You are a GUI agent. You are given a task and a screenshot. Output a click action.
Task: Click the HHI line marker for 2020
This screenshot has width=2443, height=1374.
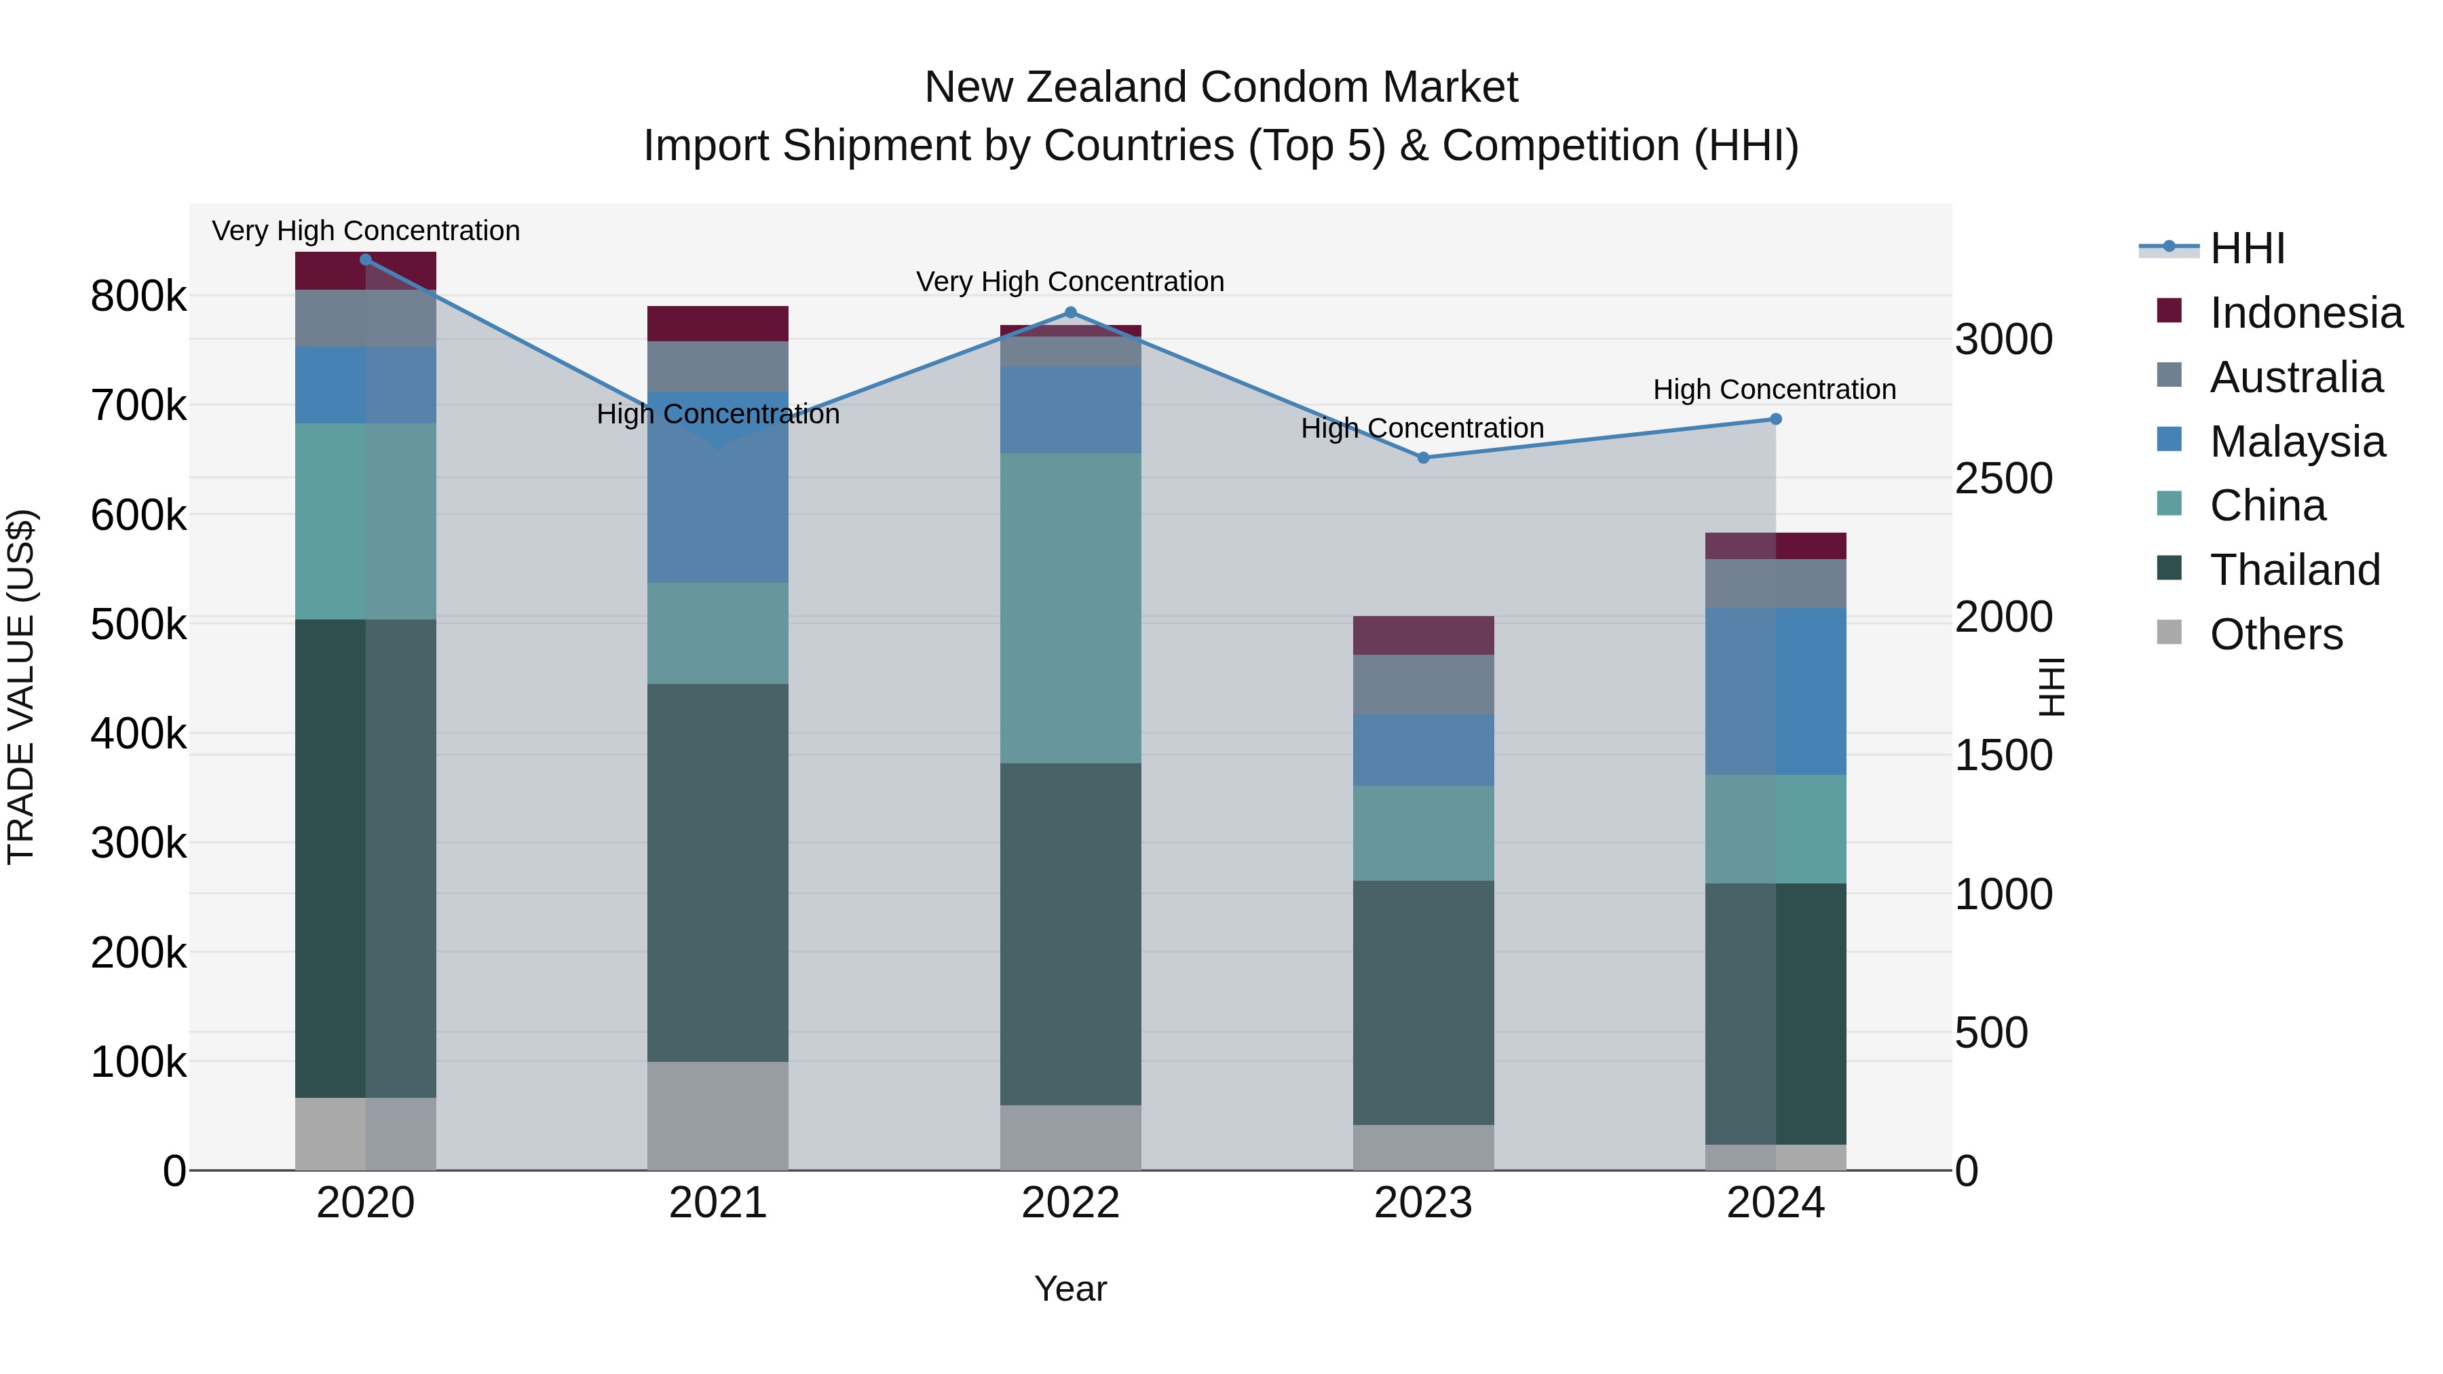point(366,260)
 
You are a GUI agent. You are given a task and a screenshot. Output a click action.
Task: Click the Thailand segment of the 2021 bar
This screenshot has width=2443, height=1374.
point(718,873)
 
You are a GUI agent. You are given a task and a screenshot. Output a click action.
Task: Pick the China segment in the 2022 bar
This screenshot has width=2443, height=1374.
point(1071,608)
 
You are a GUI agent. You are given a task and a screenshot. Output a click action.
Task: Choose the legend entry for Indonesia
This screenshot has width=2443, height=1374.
point(2305,313)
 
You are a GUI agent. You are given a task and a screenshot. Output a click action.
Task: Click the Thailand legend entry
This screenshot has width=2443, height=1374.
point(2294,570)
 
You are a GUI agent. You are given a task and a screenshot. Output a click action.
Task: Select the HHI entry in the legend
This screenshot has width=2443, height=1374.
point(2247,248)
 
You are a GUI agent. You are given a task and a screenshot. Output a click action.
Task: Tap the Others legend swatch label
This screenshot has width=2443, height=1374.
point(2275,634)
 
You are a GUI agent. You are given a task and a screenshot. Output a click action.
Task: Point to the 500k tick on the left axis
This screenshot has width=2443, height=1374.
point(138,625)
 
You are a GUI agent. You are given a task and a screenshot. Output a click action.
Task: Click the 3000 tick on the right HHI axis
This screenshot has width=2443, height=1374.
point(2003,339)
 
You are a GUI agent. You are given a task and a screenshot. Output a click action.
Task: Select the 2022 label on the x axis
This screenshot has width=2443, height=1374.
point(1071,1203)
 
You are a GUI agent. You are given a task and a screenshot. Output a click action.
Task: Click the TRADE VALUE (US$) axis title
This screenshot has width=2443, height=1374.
point(21,687)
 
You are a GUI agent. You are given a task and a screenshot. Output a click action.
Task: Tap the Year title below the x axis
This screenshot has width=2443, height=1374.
point(1071,1289)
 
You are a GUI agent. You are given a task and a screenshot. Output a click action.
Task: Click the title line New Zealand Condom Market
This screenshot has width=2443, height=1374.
point(1221,88)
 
